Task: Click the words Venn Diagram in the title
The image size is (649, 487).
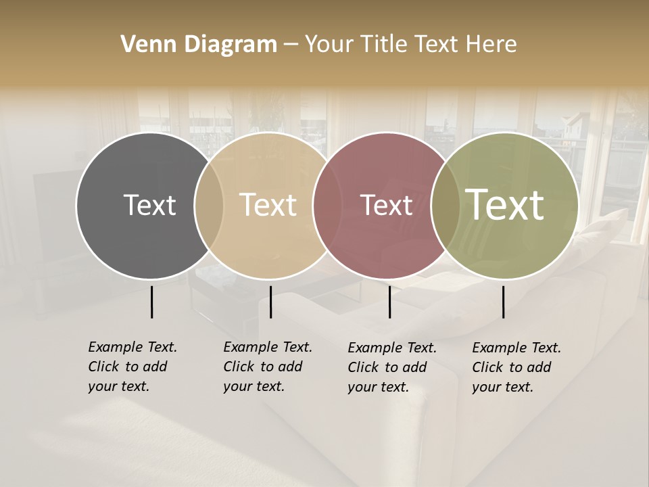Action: click(199, 45)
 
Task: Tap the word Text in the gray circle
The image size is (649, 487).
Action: click(149, 205)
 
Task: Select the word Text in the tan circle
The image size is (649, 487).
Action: click(268, 205)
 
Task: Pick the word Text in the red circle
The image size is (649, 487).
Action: click(386, 205)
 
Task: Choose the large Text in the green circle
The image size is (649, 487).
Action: click(505, 205)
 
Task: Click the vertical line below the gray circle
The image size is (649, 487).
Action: click(151, 302)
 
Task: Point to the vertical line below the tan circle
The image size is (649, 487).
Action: click(270, 302)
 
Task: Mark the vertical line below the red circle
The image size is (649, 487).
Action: click(389, 302)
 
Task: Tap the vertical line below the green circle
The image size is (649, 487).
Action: click(504, 302)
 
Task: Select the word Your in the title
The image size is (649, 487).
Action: click(328, 45)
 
